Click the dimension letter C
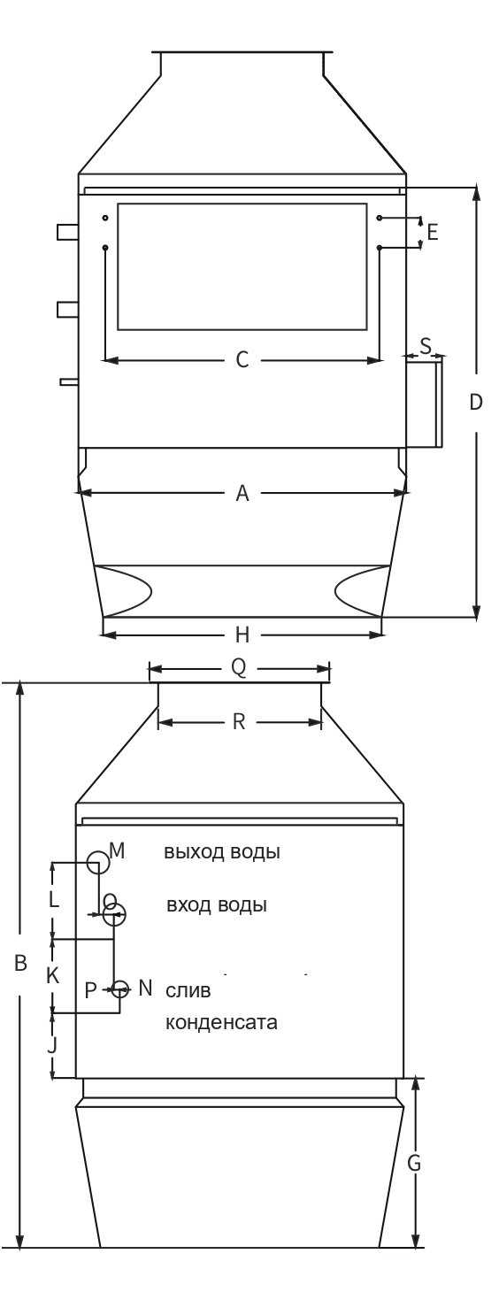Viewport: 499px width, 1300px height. (x=242, y=360)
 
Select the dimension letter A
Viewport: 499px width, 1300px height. (x=242, y=493)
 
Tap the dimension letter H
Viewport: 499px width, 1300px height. (x=242, y=635)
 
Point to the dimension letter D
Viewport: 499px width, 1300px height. (x=476, y=402)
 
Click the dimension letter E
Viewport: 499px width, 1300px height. (x=433, y=232)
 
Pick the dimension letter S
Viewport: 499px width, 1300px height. (x=426, y=346)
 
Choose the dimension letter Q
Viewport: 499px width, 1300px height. (x=239, y=667)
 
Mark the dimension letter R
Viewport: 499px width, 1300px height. (x=239, y=722)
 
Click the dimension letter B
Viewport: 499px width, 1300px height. (x=20, y=964)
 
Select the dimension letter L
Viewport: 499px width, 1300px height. (x=53, y=900)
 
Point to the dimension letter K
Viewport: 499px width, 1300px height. (x=53, y=975)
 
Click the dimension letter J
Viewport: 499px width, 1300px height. (x=52, y=1046)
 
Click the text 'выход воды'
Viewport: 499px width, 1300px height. (x=222, y=852)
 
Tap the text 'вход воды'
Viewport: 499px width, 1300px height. (x=217, y=904)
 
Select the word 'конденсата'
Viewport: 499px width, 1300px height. (x=222, y=1021)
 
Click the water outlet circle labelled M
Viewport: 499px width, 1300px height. (x=98, y=852)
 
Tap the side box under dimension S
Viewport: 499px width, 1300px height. (x=424, y=402)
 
